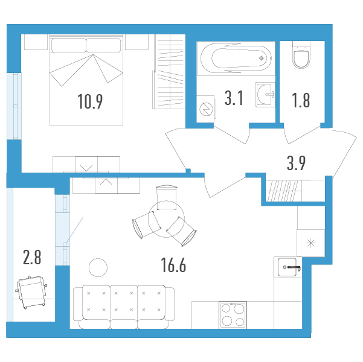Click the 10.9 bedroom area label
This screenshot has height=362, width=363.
(90, 101)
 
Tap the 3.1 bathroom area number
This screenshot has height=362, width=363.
(234, 98)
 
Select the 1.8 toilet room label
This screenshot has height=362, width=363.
(301, 101)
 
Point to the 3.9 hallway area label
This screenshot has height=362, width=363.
(296, 163)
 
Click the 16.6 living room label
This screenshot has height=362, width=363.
(173, 265)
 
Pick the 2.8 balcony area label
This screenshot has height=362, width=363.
(32, 257)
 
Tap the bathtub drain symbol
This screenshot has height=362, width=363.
(261, 58)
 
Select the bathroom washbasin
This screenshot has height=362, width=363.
(265, 94)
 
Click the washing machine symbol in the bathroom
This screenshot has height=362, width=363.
(206, 109)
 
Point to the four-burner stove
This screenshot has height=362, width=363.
(233, 315)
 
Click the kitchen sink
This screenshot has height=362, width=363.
(288, 267)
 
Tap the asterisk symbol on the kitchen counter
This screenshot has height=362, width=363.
(310, 243)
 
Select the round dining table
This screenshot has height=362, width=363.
(166, 219)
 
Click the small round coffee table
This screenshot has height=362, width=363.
(98, 267)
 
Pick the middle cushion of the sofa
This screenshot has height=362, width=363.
(124, 302)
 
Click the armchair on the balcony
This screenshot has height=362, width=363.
(31, 292)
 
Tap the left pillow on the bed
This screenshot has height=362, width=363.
(68, 45)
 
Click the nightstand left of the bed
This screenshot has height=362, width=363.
(36, 42)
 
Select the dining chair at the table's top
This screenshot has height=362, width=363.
(167, 197)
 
